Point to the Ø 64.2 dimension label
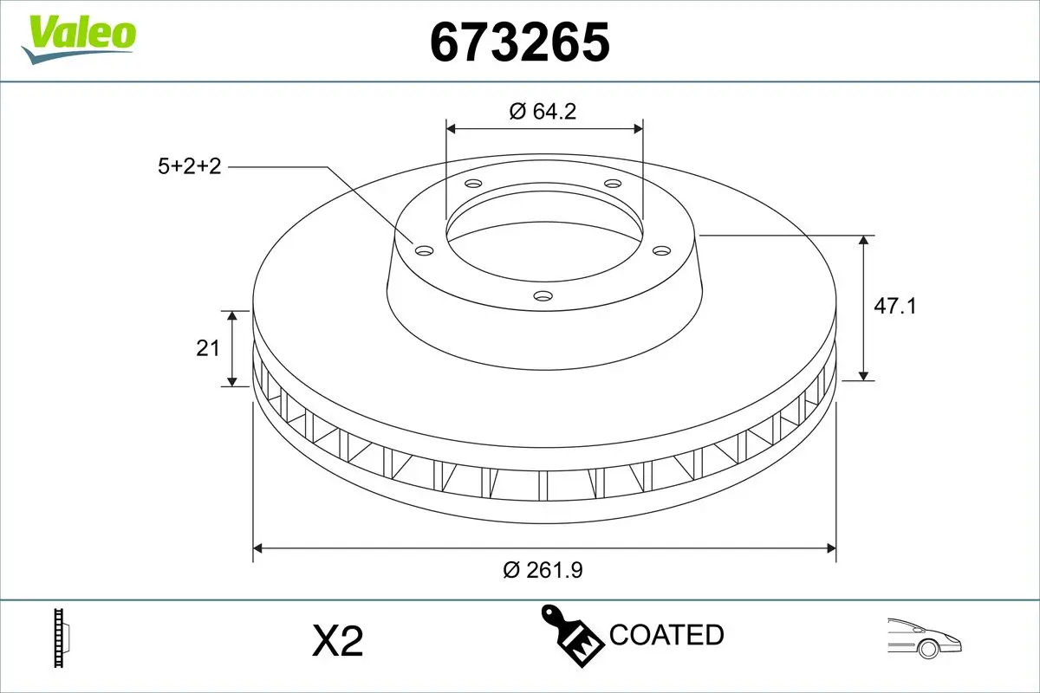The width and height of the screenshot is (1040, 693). coord(543,111)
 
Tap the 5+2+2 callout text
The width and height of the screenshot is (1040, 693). coord(190,166)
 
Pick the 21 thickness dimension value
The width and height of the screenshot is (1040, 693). coord(207,348)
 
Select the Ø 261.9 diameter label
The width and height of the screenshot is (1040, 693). coord(543,570)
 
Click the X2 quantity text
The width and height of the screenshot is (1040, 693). coord(336,642)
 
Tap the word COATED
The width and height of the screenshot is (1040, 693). coord(666,635)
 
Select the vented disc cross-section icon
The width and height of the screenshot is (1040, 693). coord(61,638)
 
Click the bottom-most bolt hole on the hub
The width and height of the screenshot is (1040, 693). coord(543,296)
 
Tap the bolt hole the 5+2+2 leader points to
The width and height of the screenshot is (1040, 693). coord(424,250)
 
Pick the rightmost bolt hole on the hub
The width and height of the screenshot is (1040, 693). coord(662,250)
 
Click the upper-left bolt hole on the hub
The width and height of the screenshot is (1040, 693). coord(472,184)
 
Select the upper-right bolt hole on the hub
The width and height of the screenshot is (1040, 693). coord(613,184)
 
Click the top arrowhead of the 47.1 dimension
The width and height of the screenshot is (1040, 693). coord(864,240)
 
